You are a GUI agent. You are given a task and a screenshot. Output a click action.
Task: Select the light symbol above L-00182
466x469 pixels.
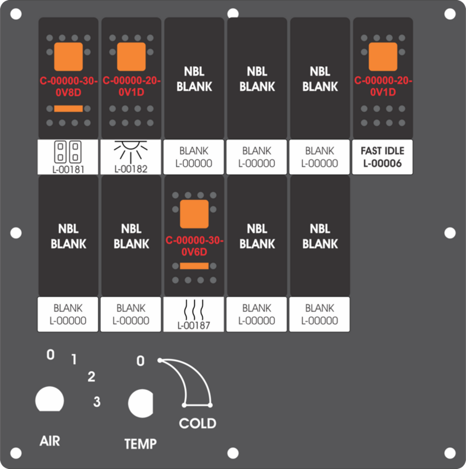point(131,152)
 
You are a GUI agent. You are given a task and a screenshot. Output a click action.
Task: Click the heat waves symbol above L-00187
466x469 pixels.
point(194,310)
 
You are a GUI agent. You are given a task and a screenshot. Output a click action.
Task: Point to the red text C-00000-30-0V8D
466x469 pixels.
point(69,86)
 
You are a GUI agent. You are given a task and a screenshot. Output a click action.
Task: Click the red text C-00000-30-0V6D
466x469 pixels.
point(195,246)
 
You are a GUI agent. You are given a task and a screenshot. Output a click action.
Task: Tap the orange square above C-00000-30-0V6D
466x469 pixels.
point(194,214)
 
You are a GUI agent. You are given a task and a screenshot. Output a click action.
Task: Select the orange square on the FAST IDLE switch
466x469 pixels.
point(383,56)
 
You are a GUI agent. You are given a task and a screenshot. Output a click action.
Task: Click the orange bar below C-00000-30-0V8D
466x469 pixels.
point(68,108)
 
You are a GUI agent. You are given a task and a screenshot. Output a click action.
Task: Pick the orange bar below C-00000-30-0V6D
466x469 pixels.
point(194,266)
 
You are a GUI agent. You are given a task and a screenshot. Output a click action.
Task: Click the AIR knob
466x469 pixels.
point(50,399)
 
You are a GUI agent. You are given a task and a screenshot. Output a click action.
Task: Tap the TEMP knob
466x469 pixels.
point(141,403)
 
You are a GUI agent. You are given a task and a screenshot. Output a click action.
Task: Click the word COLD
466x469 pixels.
point(198,423)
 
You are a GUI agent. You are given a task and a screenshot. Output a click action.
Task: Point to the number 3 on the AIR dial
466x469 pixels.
point(97,402)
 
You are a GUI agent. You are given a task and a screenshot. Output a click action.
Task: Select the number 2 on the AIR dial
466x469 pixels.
point(91,376)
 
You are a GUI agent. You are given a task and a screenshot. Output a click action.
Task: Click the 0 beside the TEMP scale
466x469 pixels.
point(141,361)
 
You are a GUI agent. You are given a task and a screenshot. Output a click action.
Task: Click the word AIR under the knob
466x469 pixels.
point(50,441)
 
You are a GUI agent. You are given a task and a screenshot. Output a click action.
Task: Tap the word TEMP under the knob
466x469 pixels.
point(140,444)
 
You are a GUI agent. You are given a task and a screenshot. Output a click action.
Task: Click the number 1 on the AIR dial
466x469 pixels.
point(74,359)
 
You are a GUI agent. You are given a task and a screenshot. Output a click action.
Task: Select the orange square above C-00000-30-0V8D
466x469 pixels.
point(68,56)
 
